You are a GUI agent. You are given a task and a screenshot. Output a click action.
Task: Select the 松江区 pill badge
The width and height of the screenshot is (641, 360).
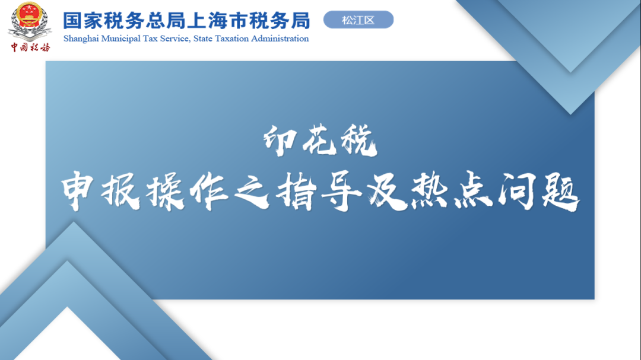click(x=358, y=20)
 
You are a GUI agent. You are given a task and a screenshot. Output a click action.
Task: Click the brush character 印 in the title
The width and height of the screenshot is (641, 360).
click(x=280, y=141)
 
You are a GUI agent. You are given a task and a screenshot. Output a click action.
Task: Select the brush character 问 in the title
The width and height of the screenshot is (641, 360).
click(x=517, y=191)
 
